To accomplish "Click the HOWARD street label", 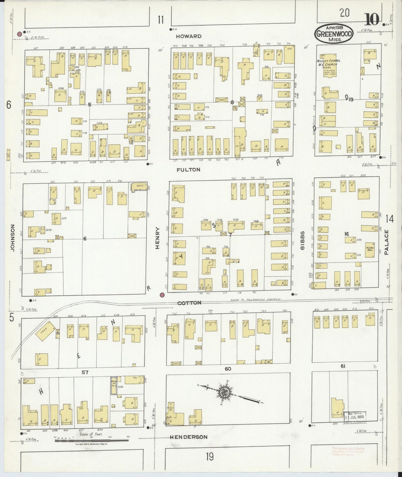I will coord(189,36).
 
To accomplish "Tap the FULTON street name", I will coord(188,169).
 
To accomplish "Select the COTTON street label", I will coord(189,303).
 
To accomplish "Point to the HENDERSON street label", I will coord(189,437).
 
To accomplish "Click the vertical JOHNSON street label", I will coord(13,238).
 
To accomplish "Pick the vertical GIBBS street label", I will coord(303,240).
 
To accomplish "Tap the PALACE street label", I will coord(386,242).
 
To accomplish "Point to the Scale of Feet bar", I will coord(92,441).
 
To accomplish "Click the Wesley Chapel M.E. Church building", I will coord(330,68).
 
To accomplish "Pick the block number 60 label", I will coord(228,369).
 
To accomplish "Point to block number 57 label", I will coord(85,372).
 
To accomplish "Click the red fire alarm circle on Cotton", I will coord(162,295).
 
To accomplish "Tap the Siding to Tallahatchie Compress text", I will coord(255,299).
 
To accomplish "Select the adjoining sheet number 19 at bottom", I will coord(209,457).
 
